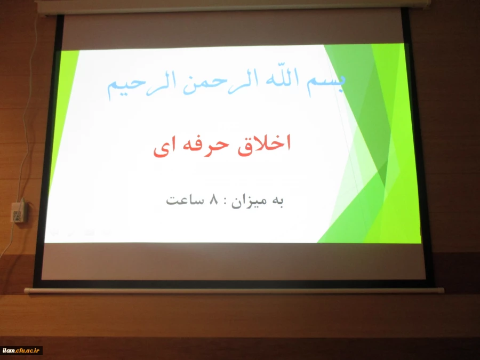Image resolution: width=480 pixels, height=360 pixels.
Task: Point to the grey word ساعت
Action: [184, 201]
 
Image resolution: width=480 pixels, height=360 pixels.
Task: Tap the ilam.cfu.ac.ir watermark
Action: [21, 350]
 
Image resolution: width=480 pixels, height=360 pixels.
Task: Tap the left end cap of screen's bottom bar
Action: [27, 291]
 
